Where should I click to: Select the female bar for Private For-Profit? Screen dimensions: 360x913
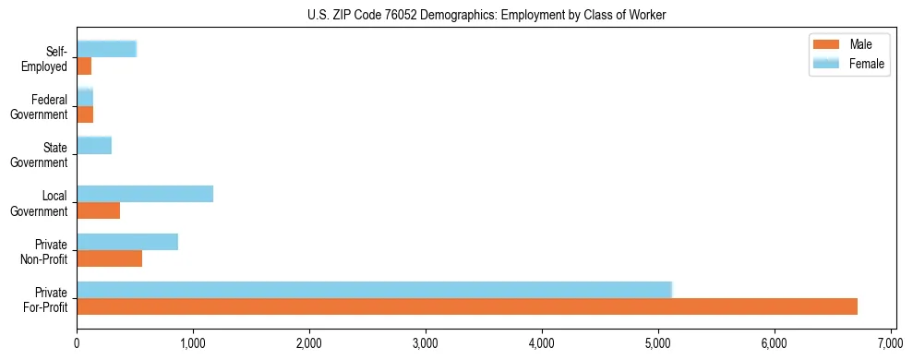tap(374, 289)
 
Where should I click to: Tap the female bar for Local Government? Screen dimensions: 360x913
tap(145, 194)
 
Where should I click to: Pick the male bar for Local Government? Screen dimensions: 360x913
tap(98, 210)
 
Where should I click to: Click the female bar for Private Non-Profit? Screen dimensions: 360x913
tap(127, 242)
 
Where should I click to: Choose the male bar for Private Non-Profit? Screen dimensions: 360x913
tap(109, 258)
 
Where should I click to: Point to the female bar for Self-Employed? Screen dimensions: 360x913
tap(106, 49)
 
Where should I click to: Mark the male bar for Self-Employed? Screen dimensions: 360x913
tap(84, 66)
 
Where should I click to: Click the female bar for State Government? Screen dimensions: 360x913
tap(94, 145)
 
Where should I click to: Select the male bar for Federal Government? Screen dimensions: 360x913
tap(85, 114)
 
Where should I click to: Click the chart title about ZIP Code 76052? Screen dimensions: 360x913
tap(487, 16)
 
